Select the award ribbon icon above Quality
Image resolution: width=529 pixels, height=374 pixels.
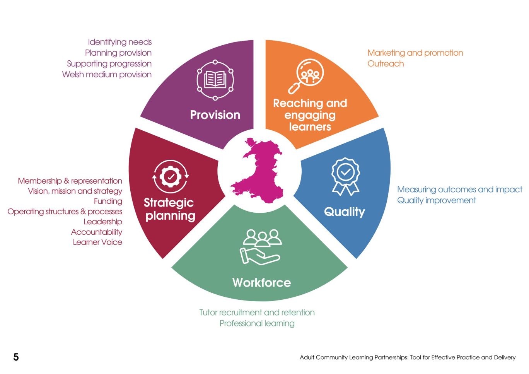tap(345, 176)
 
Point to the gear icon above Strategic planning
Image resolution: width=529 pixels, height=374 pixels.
tap(171, 177)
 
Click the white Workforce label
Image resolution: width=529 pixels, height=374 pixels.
tap(261, 283)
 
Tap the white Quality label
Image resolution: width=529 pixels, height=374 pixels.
tap(344, 212)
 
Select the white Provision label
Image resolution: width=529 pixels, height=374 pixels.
tap(215, 115)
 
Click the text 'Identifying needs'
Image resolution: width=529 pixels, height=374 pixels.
tap(120, 42)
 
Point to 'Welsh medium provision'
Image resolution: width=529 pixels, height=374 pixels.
tap(107, 74)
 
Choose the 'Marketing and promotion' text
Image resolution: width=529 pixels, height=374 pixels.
tap(415, 53)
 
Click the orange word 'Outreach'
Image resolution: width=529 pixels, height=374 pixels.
tap(386, 63)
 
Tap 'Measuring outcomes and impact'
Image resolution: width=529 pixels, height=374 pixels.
tap(459, 190)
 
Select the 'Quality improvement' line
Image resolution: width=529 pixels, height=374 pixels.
tap(437, 200)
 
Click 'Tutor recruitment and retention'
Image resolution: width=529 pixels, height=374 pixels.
tap(257, 313)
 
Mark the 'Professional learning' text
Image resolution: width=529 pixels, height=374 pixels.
tap(257, 323)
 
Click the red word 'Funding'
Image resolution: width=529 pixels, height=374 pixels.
tap(108, 201)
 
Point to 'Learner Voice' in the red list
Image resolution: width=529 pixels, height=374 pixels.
tap(97, 242)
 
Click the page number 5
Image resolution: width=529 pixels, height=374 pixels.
tap(16, 357)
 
